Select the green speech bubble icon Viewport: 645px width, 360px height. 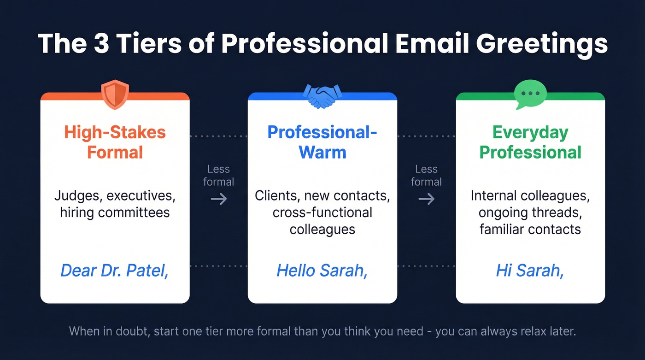point(530,94)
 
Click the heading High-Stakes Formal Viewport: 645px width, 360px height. point(115,142)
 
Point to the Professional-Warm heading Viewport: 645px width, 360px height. point(322,142)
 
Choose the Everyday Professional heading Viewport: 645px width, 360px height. point(530,142)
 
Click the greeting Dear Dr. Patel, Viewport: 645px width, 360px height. point(115,270)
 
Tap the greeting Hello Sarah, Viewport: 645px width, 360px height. point(322,270)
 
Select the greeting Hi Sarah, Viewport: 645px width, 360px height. point(530,270)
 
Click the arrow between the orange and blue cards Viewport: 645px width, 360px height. point(218,199)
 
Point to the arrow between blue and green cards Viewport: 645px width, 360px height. point(426,199)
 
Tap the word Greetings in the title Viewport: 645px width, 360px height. point(542,45)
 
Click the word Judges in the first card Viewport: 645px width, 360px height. point(77,196)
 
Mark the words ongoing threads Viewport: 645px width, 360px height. point(530,212)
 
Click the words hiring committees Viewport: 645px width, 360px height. point(115,212)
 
